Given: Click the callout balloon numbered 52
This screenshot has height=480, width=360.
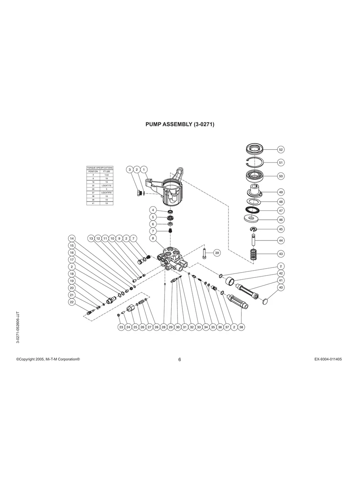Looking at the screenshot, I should click(281, 150).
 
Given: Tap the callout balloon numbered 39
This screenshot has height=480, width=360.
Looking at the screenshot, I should click(217, 253).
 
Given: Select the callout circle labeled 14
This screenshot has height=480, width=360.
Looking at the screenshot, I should click(72, 238).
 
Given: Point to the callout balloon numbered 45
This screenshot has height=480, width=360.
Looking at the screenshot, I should click(281, 229).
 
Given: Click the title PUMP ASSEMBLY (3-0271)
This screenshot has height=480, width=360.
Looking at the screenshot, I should click(180, 124).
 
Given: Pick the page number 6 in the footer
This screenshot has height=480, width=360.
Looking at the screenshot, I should click(180, 360).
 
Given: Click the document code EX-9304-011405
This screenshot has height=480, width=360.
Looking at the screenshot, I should click(328, 359).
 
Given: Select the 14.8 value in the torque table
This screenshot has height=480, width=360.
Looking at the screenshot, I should click(106, 175).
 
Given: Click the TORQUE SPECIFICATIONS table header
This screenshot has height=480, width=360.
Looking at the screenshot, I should click(100, 168).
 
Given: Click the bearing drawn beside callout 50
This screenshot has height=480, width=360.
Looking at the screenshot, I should click(254, 175).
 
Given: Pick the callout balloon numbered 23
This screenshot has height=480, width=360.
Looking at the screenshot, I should click(121, 327).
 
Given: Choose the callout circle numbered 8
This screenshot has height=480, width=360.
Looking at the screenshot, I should click(153, 238).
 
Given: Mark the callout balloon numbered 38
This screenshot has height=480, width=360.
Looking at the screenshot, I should click(241, 327).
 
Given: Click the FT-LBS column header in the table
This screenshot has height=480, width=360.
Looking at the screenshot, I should click(106, 171).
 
